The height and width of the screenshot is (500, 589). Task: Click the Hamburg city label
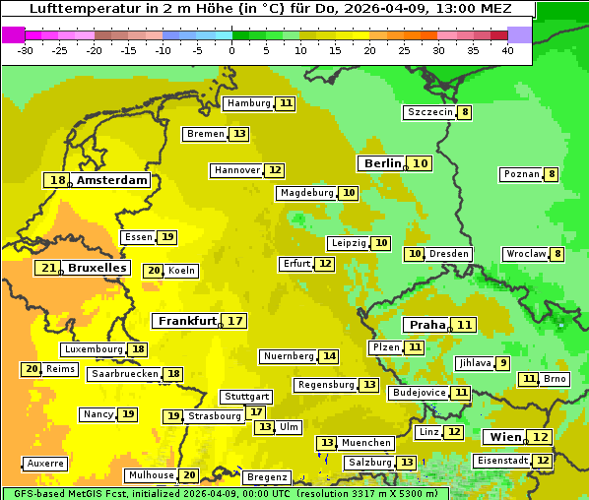(248, 103)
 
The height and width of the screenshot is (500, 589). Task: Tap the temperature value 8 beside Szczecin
(465, 112)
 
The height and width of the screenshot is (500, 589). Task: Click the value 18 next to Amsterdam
(58, 180)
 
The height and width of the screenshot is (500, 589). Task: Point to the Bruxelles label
(97, 268)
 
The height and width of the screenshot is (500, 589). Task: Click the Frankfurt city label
(187, 321)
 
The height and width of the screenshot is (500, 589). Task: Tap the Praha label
(427, 325)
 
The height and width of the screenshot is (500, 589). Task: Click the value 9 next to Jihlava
(503, 363)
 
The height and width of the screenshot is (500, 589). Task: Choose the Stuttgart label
(245, 397)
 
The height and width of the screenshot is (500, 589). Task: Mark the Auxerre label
(45, 463)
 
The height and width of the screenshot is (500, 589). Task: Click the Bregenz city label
(267, 477)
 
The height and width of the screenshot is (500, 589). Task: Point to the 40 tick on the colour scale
(507, 50)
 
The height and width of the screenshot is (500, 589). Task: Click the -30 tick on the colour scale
(26, 50)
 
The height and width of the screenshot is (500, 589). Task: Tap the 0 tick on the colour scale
(231, 50)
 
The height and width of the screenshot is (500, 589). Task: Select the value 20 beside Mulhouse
(189, 475)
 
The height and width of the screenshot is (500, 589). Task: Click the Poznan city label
(521, 174)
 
